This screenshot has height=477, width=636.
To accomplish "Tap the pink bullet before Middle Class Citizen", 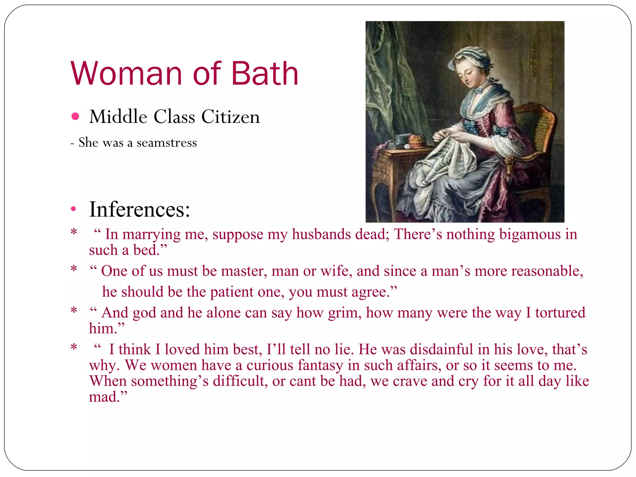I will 75,116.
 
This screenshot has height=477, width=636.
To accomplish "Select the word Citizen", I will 230,117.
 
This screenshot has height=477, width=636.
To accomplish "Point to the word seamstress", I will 167,143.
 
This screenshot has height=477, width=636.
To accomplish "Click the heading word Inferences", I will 139,210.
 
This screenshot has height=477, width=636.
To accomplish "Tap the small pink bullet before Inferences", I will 73,209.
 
